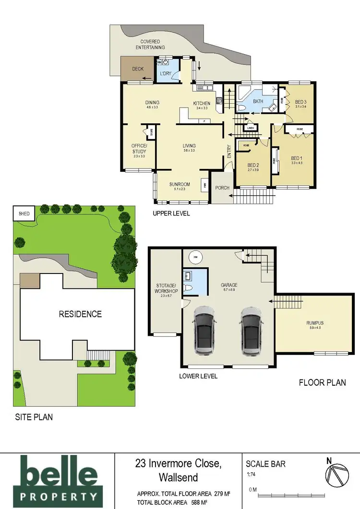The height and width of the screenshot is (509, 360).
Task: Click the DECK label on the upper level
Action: click(x=138, y=69)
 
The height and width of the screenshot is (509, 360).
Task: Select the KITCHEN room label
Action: click(x=201, y=103)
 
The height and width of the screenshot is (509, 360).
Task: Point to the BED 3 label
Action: click(x=300, y=102)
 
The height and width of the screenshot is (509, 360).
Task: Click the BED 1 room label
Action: click(x=297, y=158)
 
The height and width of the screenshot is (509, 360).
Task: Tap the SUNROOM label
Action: click(x=180, y=184)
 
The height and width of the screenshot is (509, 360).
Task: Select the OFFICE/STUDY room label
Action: click(x=138, y=149)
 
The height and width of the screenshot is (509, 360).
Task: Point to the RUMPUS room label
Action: click(x=315, y=323)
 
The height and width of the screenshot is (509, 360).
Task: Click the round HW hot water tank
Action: click(x=195, y=258)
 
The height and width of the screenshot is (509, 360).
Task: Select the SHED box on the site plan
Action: click(x=24, y=214)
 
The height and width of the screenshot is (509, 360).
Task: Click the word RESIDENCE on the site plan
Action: click(x=80, y=314)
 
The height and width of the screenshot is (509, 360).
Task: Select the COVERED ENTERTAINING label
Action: click(x=150, y=45)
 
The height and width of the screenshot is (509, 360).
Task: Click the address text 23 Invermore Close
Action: click(x=178, y=464)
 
